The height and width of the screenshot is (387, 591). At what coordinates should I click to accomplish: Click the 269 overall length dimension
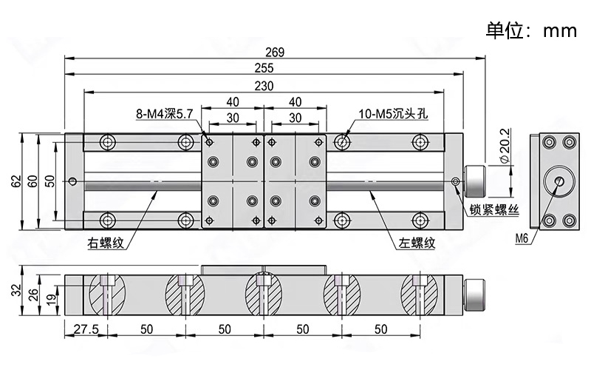(275, 52)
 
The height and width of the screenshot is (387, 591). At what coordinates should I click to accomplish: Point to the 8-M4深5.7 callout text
(164, 114)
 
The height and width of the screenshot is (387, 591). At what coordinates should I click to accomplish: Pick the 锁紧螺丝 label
(494, 210)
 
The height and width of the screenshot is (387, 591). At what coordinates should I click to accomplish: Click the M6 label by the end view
(522, 238)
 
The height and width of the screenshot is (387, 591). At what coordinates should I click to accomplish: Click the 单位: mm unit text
(530, 30)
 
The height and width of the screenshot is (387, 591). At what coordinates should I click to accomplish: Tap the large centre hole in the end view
(558, 181)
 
